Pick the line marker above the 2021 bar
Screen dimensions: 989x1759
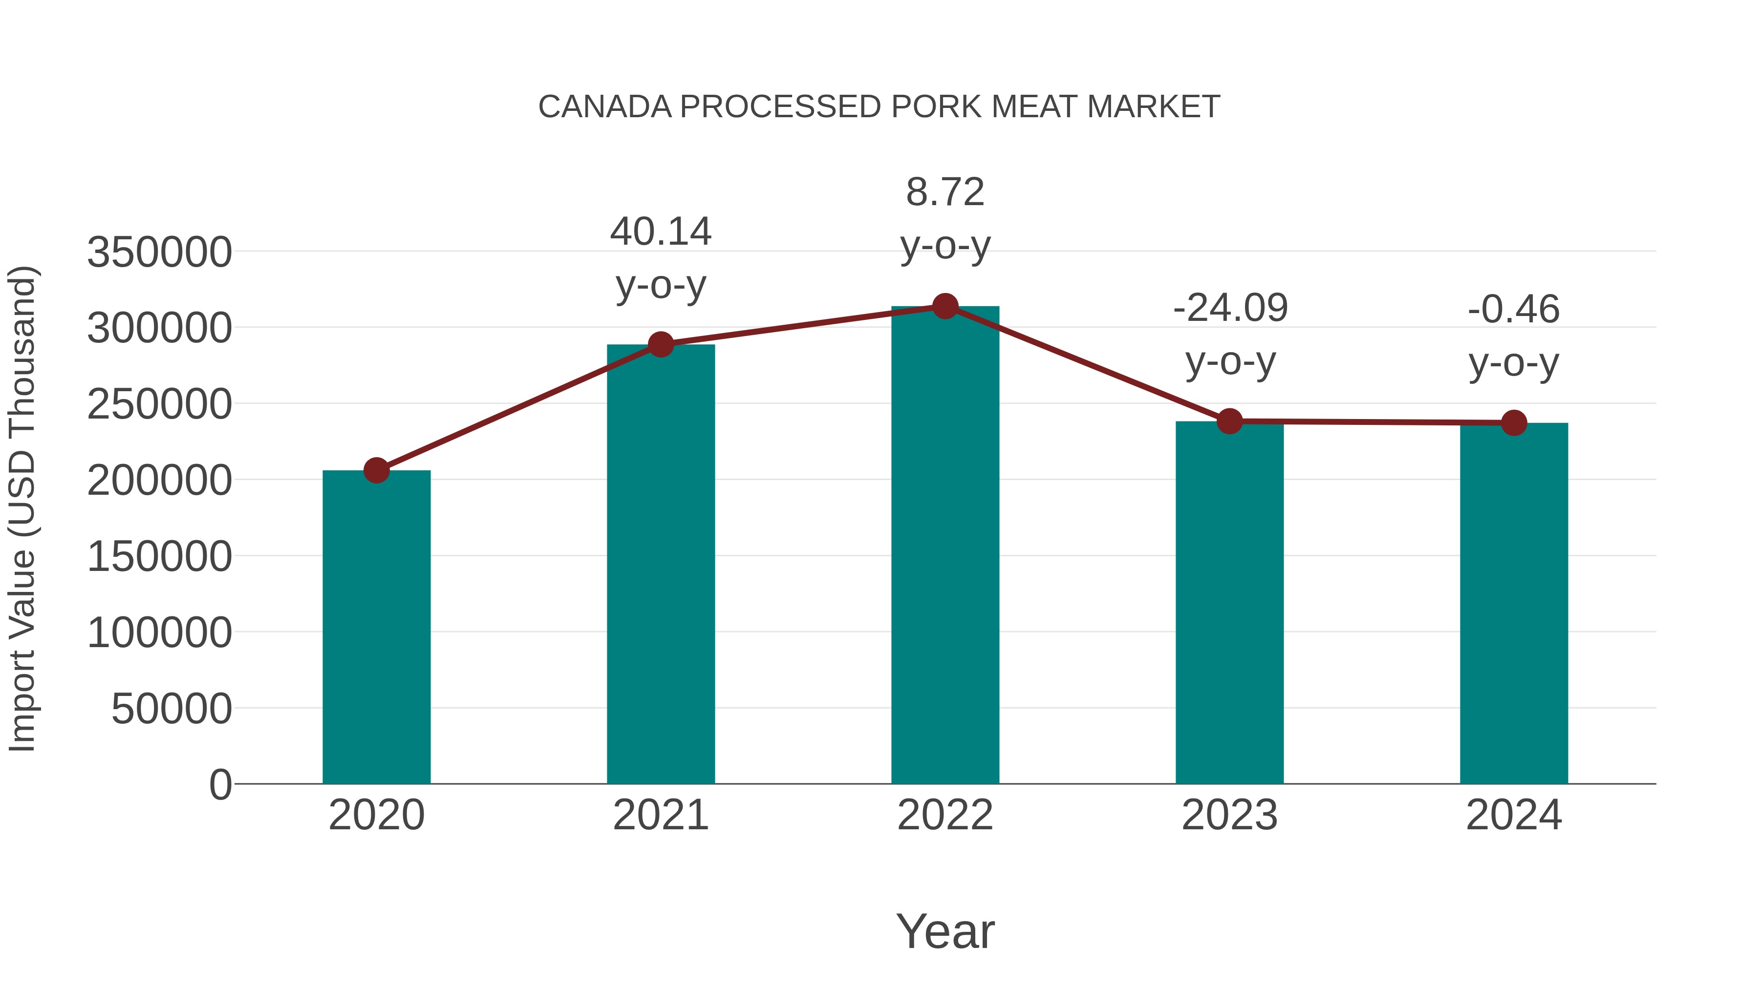tap(661, 345)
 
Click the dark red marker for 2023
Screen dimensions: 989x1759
tap(1229, 421)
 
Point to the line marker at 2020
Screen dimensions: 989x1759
tap(376, 470)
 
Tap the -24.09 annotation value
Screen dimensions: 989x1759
tap(1230, 309)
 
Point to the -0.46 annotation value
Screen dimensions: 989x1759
tap(1514, 310)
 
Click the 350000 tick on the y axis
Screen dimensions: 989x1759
tap(159, 252)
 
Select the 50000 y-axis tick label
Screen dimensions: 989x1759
tap(172, 709)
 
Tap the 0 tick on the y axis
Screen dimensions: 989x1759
tap(220, 784)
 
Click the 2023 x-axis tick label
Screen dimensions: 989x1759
tap(1229, 815)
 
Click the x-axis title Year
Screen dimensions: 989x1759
tap(945, 931)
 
